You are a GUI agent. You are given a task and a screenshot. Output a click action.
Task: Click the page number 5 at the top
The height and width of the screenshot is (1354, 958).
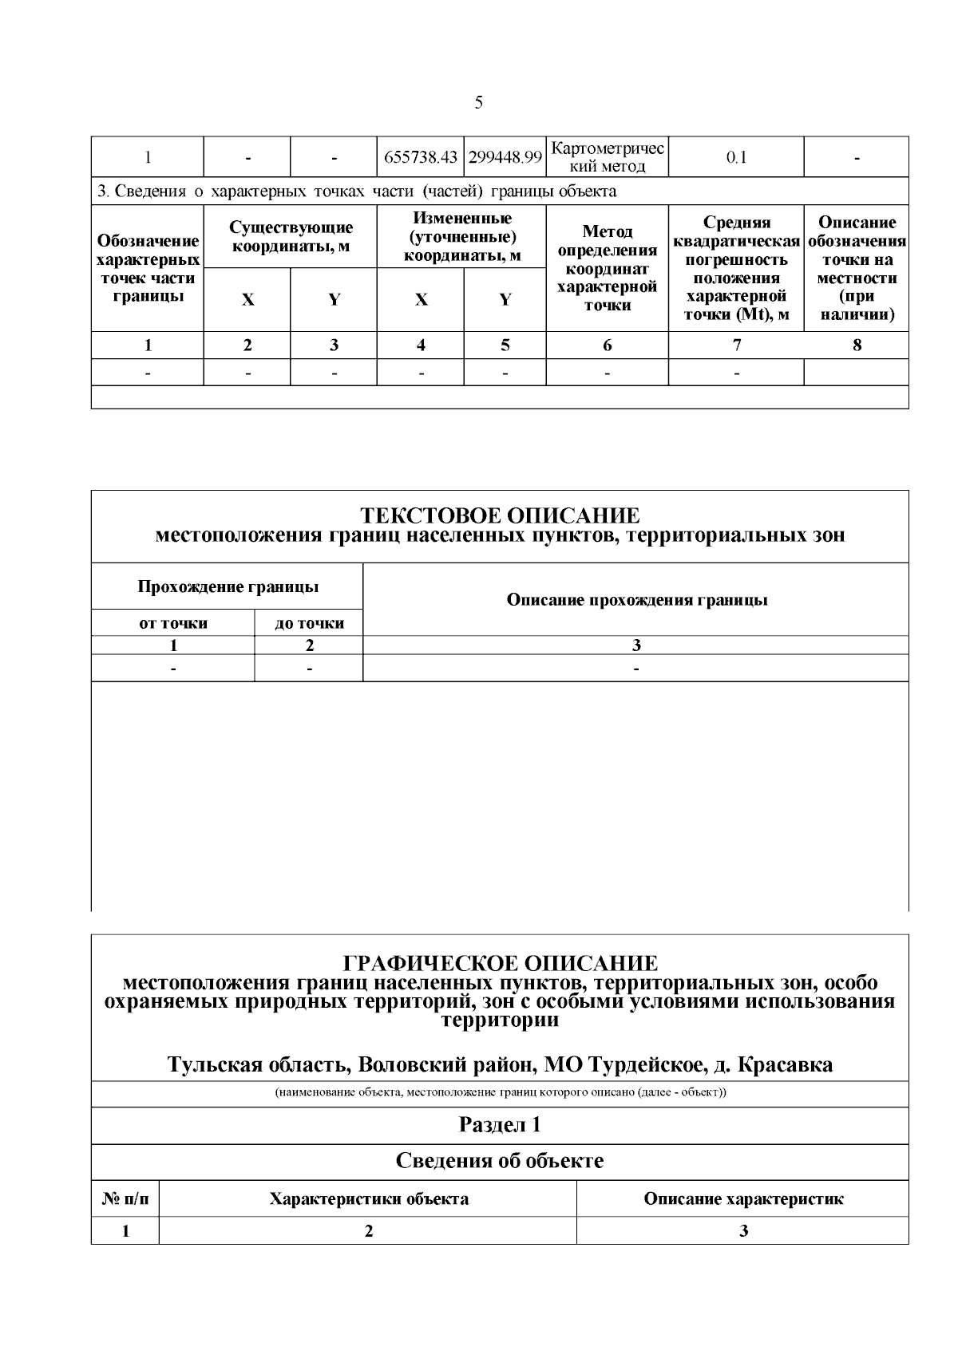[x=478, y=102]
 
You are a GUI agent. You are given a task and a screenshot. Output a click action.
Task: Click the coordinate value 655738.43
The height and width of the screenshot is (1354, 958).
[x=421, y=157]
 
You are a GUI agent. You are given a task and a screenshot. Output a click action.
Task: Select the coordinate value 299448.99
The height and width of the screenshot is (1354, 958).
[x=505, y=157]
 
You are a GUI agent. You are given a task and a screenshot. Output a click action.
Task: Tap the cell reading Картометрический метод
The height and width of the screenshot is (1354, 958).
[x=608, y=157]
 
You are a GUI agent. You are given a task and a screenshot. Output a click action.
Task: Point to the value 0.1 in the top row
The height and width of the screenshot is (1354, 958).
[x=736, y=157]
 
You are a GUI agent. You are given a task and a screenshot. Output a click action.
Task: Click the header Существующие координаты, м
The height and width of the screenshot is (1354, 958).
[x=291, y=237]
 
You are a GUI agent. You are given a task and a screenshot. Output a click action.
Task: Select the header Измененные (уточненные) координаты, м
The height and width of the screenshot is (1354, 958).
[x=461, y=237]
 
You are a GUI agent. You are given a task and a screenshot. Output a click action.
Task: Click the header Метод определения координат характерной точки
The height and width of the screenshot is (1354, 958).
[x=608, y=268]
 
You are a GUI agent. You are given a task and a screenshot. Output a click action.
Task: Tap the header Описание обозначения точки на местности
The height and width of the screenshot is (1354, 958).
[x=857, y=268]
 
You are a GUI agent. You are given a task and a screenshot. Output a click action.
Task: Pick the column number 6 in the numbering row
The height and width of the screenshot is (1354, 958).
[x=608, y=345]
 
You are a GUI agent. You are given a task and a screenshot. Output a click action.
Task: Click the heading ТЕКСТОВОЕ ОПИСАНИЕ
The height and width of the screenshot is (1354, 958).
[x=500, y=515]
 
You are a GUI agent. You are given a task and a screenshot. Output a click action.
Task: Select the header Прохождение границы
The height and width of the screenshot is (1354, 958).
[x=228, y=587]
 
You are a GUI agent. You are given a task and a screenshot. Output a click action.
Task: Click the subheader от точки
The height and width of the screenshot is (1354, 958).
[x=173, y=623]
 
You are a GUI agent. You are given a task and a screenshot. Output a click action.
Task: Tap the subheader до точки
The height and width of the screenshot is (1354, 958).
[x=309, y=623]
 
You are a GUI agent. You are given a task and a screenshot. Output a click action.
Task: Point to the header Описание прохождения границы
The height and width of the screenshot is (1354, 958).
[x=636, y=600]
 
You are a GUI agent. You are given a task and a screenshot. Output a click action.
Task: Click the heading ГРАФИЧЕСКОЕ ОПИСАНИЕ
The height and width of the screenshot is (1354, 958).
[x=500, y=963]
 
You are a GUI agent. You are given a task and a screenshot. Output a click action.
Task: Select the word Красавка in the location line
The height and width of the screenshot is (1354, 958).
[x=785, y=1064]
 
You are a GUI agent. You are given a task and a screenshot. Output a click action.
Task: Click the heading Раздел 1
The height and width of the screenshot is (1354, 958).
[x=500, y=1125]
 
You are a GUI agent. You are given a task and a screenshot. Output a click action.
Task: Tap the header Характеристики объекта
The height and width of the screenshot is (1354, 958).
[x=368, y=1198]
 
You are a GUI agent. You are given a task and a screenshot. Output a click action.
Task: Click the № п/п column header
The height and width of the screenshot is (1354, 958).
[x=125, y=1198]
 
